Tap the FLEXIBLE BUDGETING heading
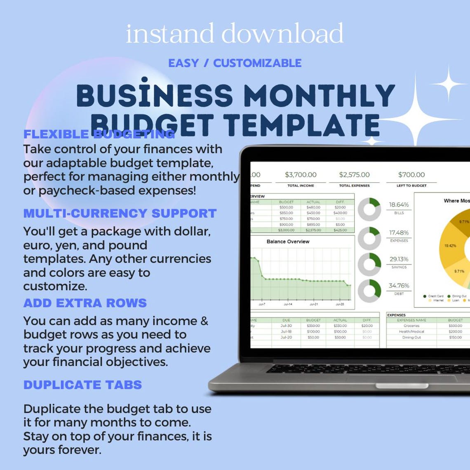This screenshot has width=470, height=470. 99,134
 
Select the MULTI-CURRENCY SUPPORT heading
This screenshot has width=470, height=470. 120,213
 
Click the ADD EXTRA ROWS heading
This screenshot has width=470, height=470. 85,303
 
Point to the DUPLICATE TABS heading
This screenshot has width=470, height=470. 82,385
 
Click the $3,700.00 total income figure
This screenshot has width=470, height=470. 301,175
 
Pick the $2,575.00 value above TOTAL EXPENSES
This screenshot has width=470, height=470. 354,175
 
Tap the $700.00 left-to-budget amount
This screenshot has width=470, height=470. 411,175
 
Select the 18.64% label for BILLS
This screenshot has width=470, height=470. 399,204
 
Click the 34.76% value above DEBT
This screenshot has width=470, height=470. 399,286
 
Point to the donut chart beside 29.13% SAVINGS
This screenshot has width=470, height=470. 369,264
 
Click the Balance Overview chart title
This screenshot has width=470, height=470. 288,242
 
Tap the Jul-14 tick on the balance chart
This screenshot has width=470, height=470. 287,304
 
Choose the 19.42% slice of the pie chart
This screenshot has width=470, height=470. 450,246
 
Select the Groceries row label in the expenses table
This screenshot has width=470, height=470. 411,326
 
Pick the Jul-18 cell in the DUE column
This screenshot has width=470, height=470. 286,331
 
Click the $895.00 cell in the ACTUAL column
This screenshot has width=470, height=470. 313,224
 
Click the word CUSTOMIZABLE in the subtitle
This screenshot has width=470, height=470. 257,63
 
